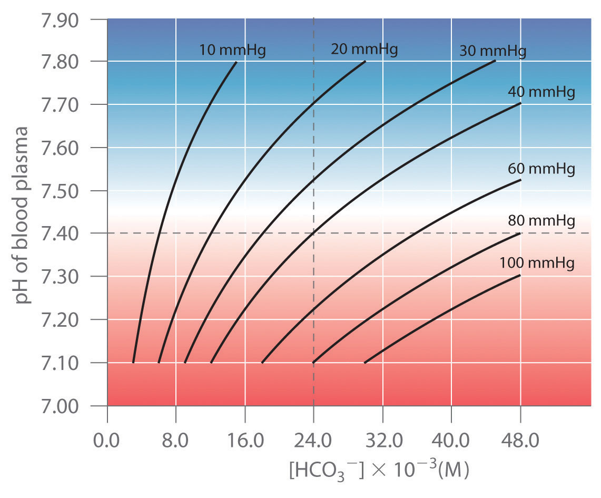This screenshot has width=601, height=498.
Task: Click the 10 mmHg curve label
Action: (x=232, y=51)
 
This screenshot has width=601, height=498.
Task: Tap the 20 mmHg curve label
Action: (x=364, y=50)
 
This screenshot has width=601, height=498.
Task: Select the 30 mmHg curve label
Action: (x=492, y=51)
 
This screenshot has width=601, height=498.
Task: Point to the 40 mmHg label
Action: (x=541, y=92)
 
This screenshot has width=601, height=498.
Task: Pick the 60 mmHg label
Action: (x=541, y=169)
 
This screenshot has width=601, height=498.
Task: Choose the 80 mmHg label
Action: (x=541, y=221)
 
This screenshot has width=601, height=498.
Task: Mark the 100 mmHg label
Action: (x=537, y=263)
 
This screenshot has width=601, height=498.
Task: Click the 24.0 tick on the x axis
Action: (x=314, y=425)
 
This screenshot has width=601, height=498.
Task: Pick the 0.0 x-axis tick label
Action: (x=107, y=425)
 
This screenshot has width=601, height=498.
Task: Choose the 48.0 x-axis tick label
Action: (x=520, y=425)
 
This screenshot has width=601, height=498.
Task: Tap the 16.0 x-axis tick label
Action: (x=245, y=425)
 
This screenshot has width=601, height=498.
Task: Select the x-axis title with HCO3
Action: (x=378, y=469)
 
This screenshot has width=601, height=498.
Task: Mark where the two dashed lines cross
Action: (x=314, y=233)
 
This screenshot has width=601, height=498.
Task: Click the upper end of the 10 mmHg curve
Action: (x=237, y=62)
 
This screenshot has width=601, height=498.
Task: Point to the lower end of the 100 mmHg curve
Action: (x=364, y=363)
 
